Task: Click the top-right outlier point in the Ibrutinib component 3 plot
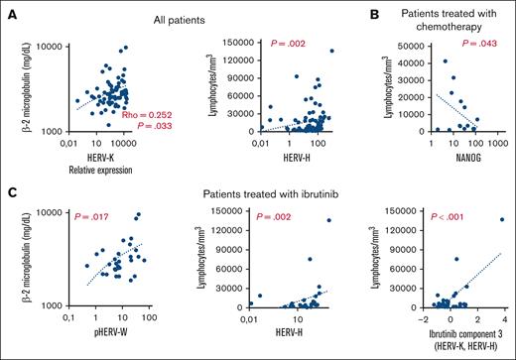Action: coord(502,219)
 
